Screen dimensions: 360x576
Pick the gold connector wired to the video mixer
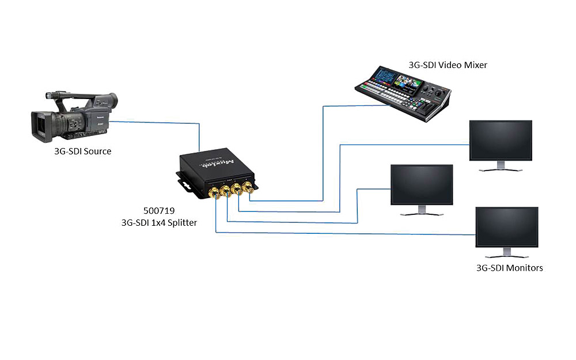249,187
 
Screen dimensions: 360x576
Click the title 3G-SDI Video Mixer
447,65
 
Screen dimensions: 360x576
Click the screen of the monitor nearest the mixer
501,140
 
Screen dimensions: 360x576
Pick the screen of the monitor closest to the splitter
422,184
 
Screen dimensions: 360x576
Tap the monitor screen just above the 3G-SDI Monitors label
506,226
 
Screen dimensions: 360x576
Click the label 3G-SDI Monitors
509,268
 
